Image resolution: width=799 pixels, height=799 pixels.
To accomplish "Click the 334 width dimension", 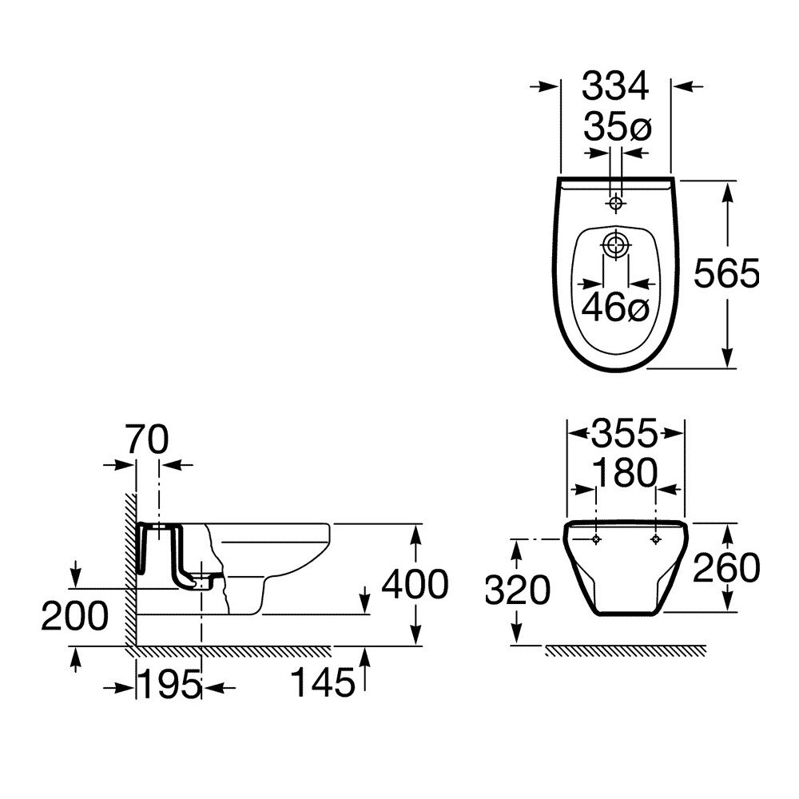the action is coord(615,85).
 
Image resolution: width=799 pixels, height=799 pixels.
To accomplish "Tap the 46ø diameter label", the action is coord(615,308).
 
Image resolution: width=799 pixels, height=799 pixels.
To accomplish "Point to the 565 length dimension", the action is coord(726,272).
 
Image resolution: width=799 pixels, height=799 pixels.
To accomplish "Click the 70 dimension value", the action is coord(148,439).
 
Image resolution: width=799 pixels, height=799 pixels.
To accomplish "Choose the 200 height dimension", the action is coord(75,616).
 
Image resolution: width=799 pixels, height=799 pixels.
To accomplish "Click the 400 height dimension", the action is coord(415,584).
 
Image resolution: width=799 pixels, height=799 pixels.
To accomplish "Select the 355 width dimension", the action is coord(625,434).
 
